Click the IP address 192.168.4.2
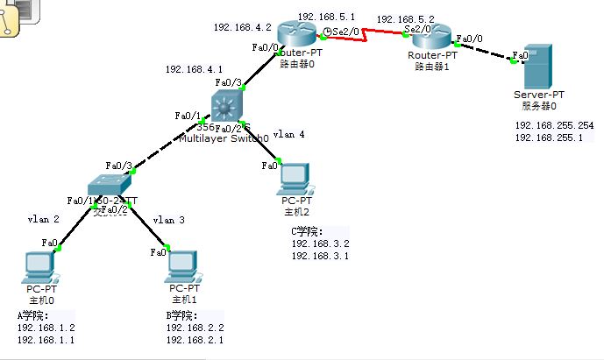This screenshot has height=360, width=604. click(x=241, y=27)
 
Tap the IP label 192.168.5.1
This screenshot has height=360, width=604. click(x=326, y=17)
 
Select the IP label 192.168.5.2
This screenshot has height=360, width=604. click(x=405, y=18)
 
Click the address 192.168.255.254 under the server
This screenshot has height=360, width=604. click(x=554, y=126)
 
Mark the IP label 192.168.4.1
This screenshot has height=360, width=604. click(x=194, y=69)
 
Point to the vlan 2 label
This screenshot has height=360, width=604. click(x=43, y=220)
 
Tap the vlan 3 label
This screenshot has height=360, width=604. click(x=169, y=220)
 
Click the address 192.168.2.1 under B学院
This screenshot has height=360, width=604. click(x=195, y=339)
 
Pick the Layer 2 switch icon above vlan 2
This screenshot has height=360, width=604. click(x=109, y=185)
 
